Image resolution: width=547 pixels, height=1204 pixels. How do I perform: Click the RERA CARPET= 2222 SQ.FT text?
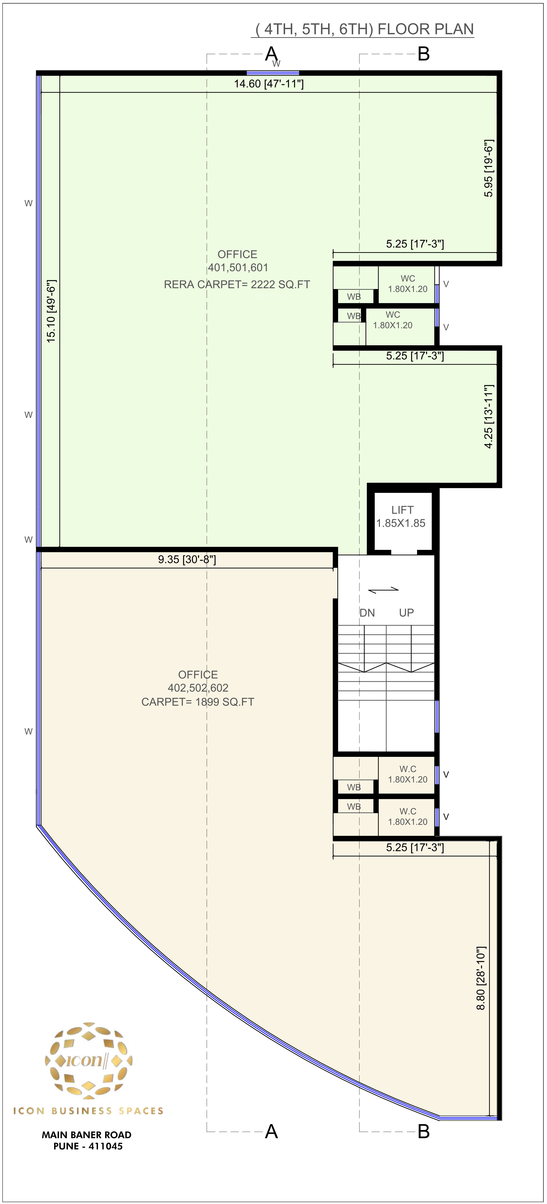[237, 285]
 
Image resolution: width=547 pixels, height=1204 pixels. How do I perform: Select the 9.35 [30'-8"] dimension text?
[187, 560]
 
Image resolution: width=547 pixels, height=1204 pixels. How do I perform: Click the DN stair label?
[367, 613]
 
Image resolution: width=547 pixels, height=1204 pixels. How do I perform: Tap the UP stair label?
[406, 613]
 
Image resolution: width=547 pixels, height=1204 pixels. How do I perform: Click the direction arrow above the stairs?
[384, 590]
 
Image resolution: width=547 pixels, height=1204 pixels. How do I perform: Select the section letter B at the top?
[423, 54]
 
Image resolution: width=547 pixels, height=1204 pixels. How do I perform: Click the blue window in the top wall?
[273, 73]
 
